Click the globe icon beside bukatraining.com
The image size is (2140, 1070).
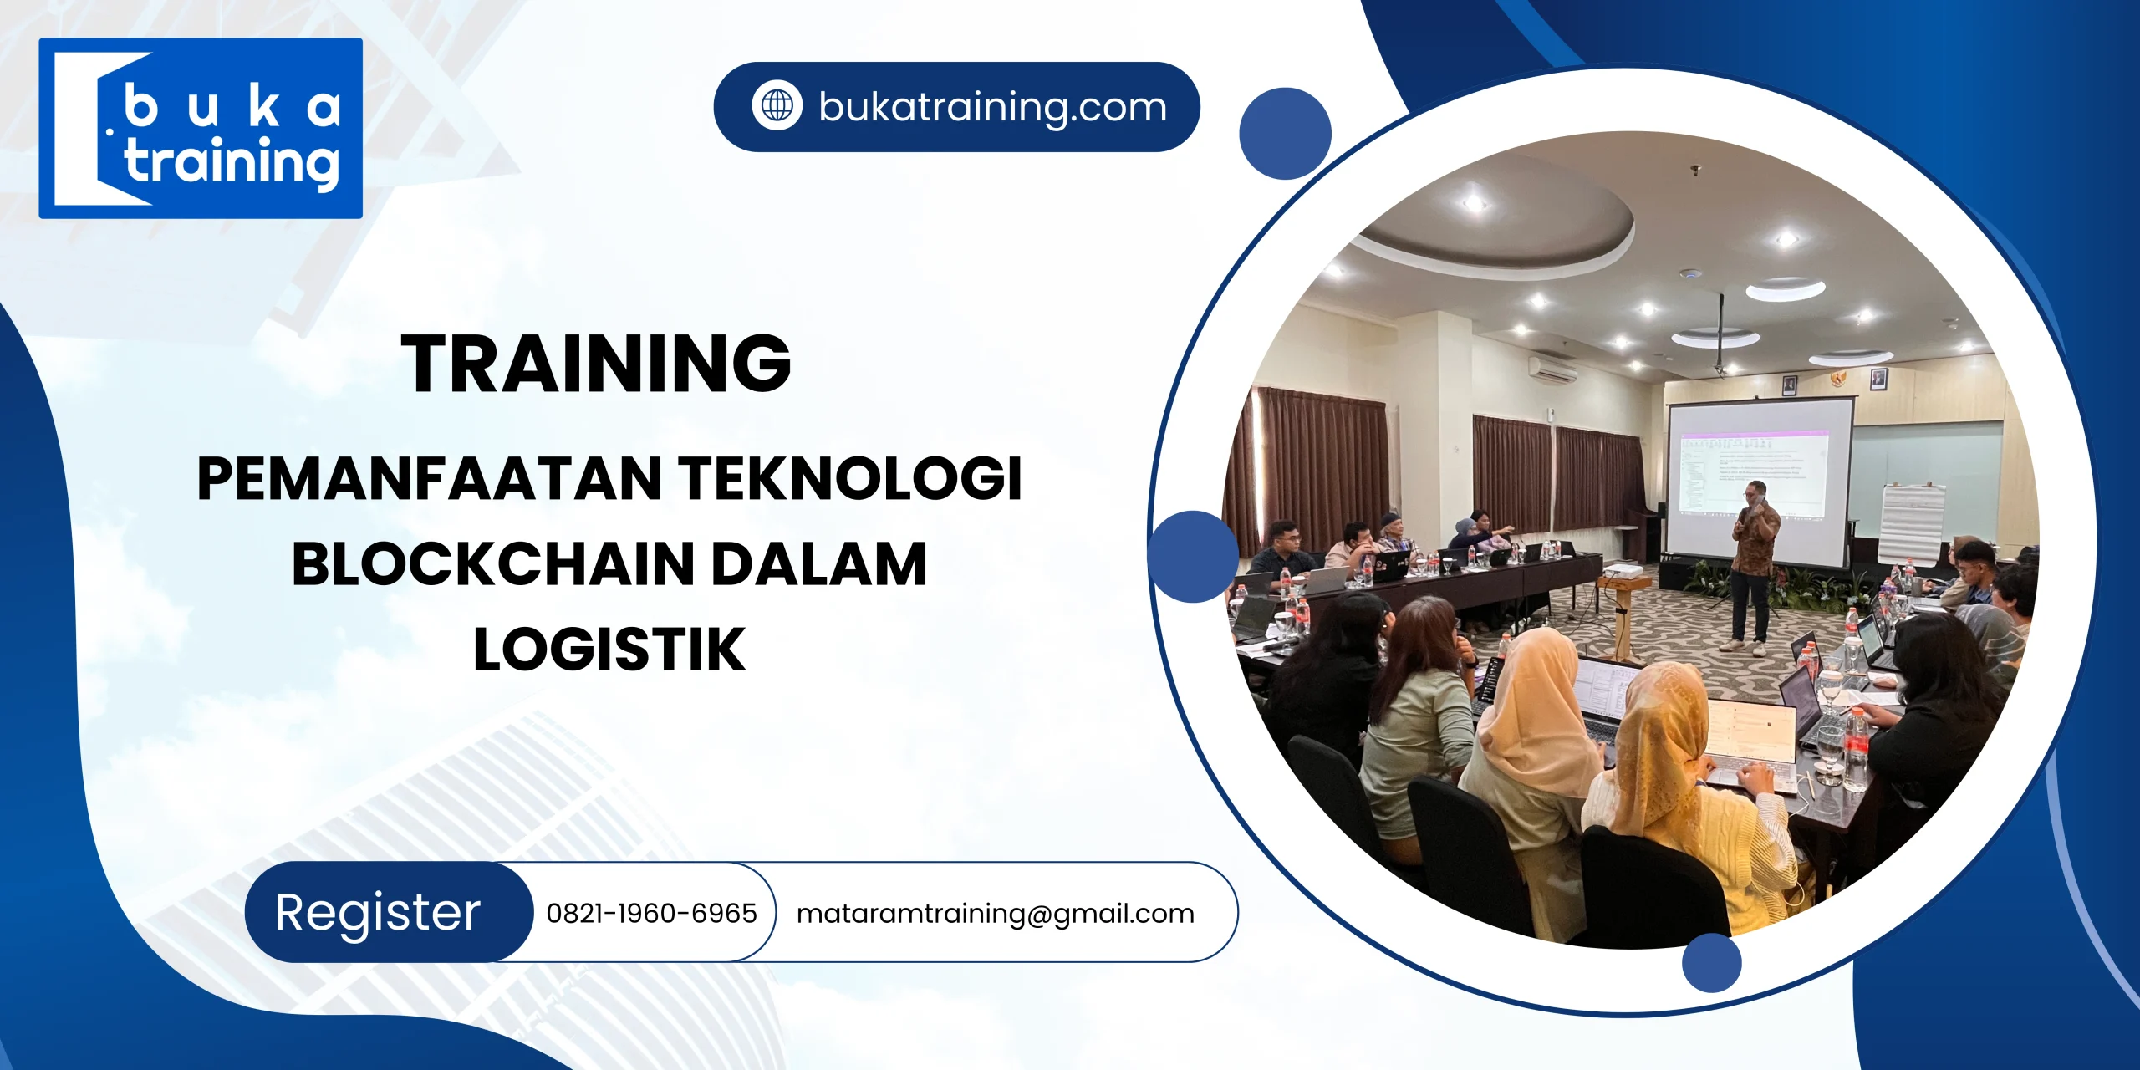(x=777, y=106)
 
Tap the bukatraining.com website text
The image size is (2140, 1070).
(x=992, y=107)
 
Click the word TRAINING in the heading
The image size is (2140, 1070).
(x=596, y=363)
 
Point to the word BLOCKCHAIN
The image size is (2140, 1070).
(x=492, y=564)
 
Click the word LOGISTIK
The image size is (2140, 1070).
(x=609, y=650)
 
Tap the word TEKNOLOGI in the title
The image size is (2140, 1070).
(x=850, y=478)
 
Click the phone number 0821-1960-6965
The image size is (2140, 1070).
(x=651, y=913)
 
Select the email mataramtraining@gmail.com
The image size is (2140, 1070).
(x=995, y=913)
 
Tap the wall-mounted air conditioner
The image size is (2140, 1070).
(x=1552, y=369)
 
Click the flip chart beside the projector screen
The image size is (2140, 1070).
(x=1912, y=522)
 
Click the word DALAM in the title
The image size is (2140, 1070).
(x=818, y=564)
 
